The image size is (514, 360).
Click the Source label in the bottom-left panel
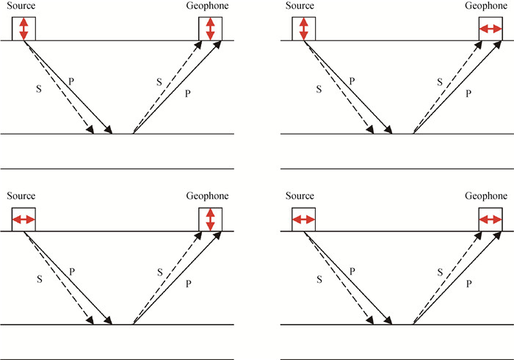point(21,196)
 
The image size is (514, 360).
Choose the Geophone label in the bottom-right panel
point(486,196)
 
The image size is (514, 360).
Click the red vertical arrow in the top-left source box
point(23,29)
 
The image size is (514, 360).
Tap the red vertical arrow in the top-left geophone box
point(211,29)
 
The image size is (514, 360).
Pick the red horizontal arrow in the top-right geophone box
point(490,29)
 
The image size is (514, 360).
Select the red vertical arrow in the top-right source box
point(303,29)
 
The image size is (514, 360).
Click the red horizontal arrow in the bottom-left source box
point(23,220)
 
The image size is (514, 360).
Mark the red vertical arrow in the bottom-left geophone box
point(211,220)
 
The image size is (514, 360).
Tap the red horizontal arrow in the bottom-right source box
point(303,220)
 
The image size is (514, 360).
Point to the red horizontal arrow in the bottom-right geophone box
point(490,220)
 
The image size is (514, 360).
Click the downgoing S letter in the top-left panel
point(39,88)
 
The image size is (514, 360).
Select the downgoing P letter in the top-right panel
point(352,79)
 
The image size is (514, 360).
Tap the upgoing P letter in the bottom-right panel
point(467,284)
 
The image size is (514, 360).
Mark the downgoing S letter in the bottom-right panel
point(319,279)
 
